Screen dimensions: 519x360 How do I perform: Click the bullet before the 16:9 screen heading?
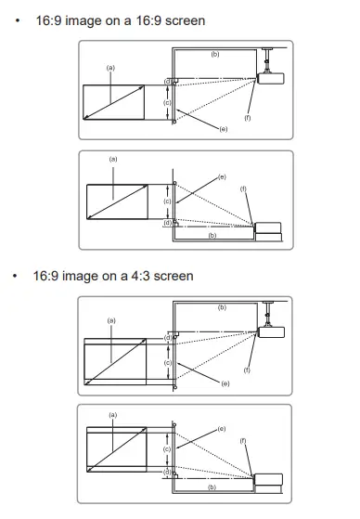(x=18, y=19)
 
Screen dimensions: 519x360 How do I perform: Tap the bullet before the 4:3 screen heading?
(x=18, y=276)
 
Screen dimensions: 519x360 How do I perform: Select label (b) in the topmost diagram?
(x=216, y=56)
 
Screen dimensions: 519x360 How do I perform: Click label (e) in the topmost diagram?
(x=224, y=128)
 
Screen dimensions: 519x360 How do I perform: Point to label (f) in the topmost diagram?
(x=248, y=117)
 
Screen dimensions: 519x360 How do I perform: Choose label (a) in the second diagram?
(x=113, y=160)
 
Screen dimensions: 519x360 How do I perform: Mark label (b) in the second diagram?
(x=212, y=236)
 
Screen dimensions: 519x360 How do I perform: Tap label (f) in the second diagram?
(x=244, y=188)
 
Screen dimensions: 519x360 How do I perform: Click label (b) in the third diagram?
(x=222, y=307)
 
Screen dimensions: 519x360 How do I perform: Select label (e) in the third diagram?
(x=226, y=383)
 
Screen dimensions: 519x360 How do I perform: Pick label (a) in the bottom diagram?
(x=113, y=414)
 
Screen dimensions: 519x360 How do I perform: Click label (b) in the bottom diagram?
(x=212, y=487)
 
